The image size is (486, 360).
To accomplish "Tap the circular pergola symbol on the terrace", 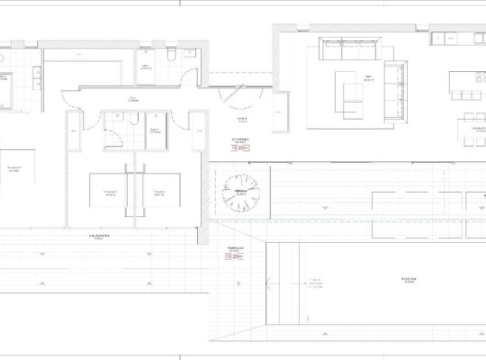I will click(x=241, y=191).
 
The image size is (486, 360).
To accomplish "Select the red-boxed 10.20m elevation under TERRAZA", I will click(x=234, y=256).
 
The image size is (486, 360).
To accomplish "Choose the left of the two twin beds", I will click(x=111, y=193).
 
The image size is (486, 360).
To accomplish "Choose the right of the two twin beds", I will click(x=159, y=193).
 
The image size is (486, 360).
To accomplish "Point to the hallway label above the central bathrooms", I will click(x=132, y=100).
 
